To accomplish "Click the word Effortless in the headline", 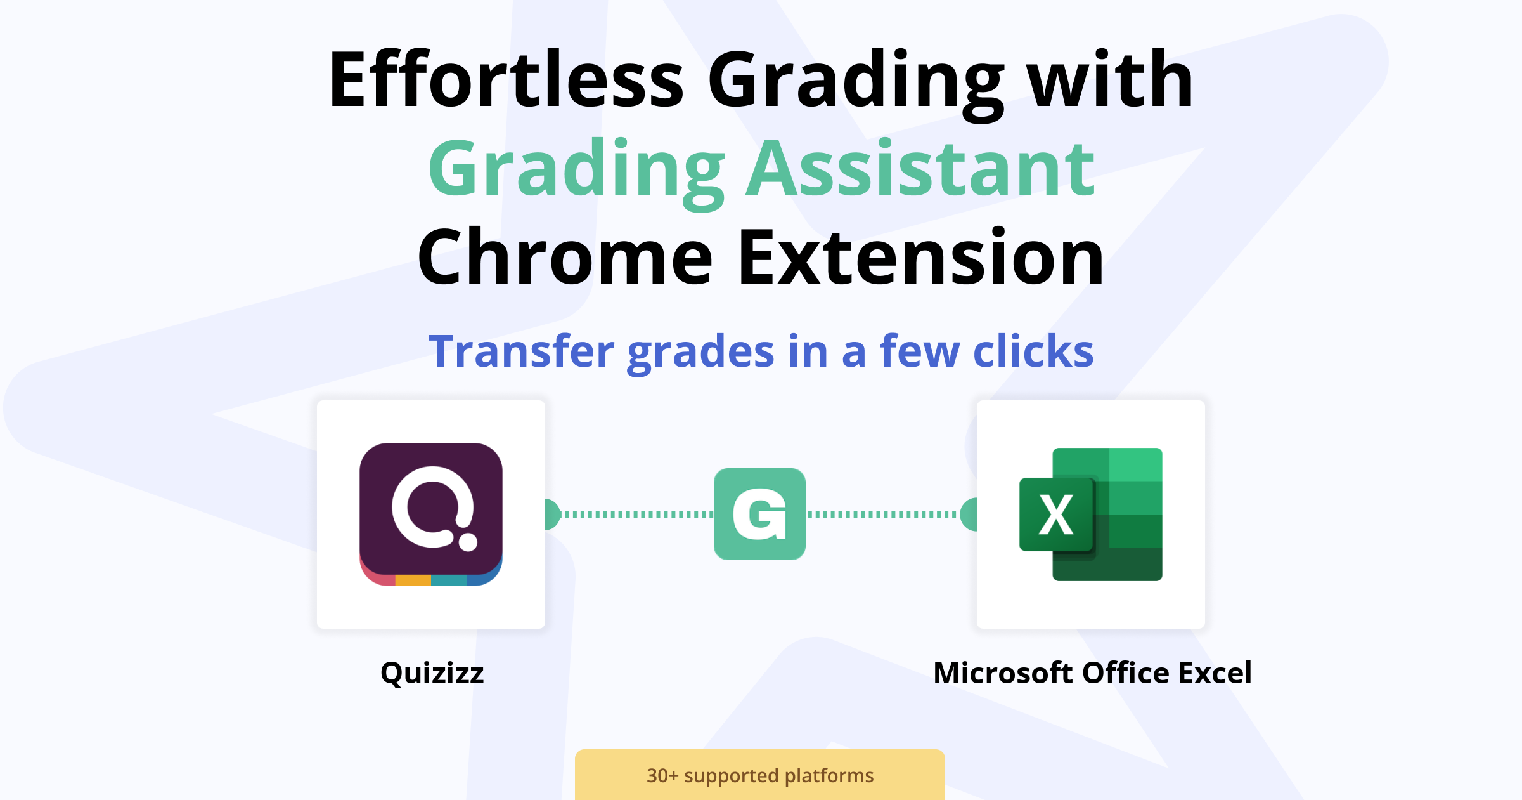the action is click(x=506, y=79).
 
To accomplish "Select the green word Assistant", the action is click(x=920, y=169).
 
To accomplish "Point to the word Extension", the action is click(x=922, y=257).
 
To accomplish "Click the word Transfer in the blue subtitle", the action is click(x=522, y=351).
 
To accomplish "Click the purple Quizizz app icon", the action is click(x=431, y=514).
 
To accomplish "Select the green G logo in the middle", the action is click(x=759, y=514).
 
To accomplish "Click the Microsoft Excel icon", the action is click(x=1091, y=514).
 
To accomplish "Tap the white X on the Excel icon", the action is click(x=1056, y=515).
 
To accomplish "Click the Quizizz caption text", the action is click(x=432, y=673).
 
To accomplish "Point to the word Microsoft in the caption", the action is click(x=1003, y=672).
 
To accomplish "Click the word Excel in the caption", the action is click(x=1215, y=672).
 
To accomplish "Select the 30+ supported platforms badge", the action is click(x=760, y=775).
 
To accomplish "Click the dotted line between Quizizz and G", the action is click(x=637, y=514).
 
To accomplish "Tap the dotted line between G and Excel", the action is click(x=883, y=514).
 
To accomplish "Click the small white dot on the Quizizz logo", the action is click(x=468, y=542).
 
